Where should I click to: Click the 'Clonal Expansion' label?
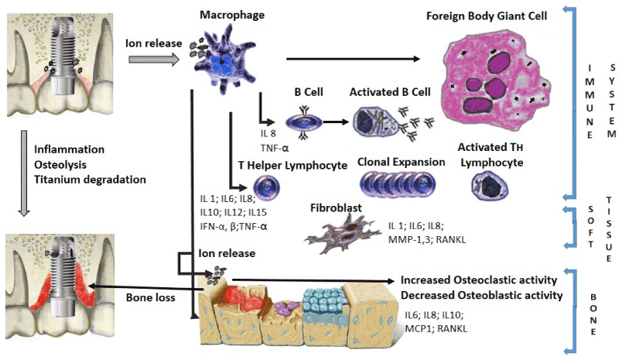pyautogui.click(x=402, y=163)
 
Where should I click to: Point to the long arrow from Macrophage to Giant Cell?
pyautogui.click(x=352, y=59)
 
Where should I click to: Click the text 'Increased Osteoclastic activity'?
pyautogui.click(x=478, y=280)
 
